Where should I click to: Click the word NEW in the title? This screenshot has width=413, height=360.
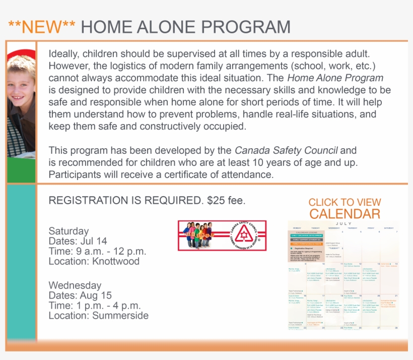point(42,27)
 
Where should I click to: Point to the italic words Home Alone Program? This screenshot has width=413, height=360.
point(335,78)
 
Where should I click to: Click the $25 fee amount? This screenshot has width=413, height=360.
point(226,201)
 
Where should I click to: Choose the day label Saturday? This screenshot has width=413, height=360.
point(68,231)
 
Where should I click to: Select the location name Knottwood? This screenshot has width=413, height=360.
point(115,261)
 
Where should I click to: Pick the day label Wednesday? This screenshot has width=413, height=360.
point(75,285)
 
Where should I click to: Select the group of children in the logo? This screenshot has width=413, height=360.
point(199,234)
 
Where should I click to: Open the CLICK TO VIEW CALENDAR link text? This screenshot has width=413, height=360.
point(345,208)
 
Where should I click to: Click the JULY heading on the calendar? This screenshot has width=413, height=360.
point(343,223)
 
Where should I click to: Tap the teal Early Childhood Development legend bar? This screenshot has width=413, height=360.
point(306,235)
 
